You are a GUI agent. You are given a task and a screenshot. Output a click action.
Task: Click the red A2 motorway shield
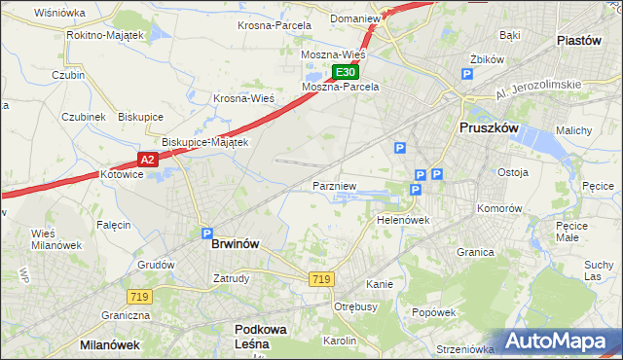(x=147, y=159)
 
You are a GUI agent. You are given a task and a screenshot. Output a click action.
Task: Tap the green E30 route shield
(x=346, y=72)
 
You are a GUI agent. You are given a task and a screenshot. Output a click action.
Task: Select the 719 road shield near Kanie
(x=322, y=279)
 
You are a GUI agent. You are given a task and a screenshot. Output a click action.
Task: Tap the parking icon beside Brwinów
(x=206, y=234)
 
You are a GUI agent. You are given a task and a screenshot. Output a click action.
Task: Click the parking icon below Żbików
(x=467, y=74)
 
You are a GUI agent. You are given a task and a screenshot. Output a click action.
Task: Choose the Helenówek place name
(x=403, y=220)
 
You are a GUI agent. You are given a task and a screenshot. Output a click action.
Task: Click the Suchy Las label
(x=599, y=270)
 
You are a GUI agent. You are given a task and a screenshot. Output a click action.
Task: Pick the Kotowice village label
(x=122, y=175)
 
